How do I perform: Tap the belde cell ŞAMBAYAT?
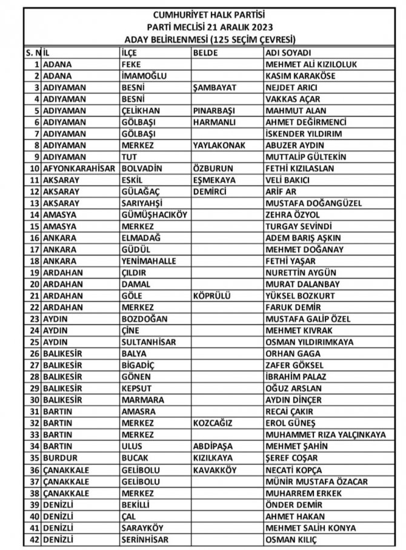(x=213, y=87)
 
